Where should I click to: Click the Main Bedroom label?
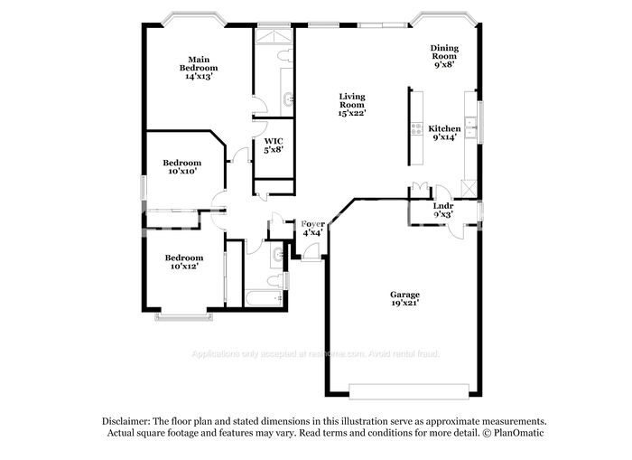click(x=199, y=68)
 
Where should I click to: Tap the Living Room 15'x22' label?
click(x=351, y=104)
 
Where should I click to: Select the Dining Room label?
click(x=443, y=56)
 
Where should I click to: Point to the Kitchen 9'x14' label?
click(x=444, y=134)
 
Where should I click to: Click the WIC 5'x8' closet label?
click(x=274, y=145)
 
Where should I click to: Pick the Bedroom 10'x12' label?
click(x=181, y=261)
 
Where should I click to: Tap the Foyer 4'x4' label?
click(x=312, y=228)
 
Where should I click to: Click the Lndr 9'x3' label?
click(x=442, y=211)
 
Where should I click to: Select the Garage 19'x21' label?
click(x=404, y=299)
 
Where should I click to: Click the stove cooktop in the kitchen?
click(x=416, y=128)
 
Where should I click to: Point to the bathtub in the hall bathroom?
click(x=264, y=297)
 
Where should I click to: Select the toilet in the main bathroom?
click(x=284, y=57)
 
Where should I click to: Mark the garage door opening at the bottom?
click(x=409, y=391)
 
